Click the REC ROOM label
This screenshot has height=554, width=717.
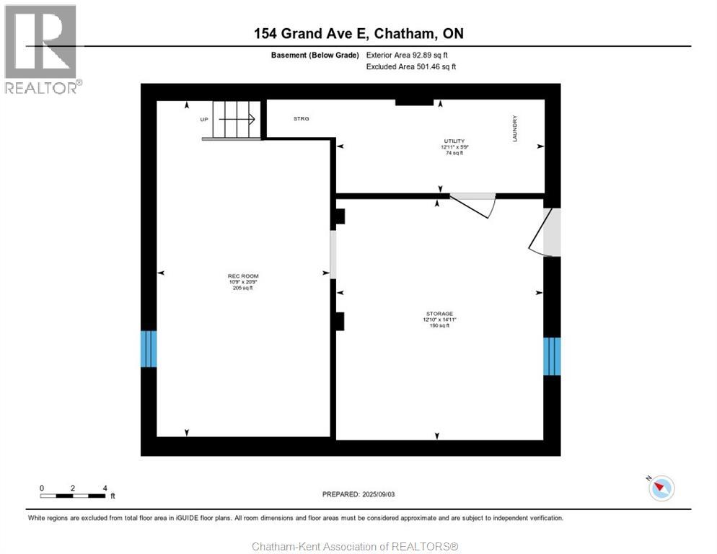click(242, 276)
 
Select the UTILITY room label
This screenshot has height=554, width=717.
click(454, 141)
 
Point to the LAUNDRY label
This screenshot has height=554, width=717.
click(515, 128)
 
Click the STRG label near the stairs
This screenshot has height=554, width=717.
click(302, 118)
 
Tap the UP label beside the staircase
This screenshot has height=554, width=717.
click(204, 118)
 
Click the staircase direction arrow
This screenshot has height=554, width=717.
click(237, 118)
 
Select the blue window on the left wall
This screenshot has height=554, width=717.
click(148, 348)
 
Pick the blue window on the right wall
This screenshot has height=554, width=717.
click(552, 356)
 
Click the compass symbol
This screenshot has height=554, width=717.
click(661, 488)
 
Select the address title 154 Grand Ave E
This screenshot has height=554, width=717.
click(358, 33)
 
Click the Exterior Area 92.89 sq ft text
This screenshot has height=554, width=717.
click(411, 55)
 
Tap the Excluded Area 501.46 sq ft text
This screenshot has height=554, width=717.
click(411, 66)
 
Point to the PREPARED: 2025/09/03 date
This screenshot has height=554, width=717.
click(358, 494)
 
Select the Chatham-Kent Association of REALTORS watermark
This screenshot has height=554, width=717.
click(355, 546)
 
